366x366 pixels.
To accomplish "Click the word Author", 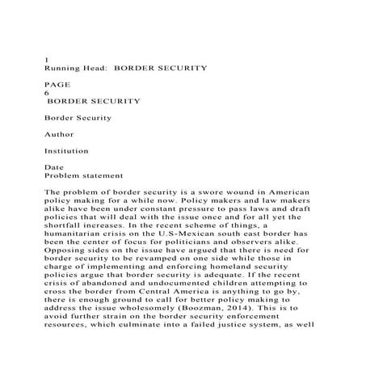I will (x=58, y=133).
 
